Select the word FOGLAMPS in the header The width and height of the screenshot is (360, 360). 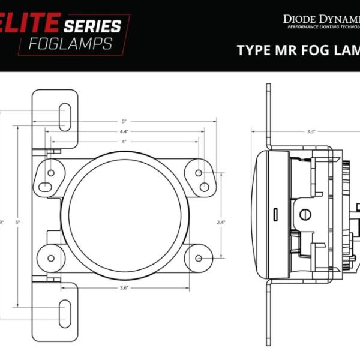tap(71, 44)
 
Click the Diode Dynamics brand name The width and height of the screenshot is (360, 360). tap(321, 19)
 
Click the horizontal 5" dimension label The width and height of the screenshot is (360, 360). tap(124, 120)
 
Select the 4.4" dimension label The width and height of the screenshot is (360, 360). tap(124, 131)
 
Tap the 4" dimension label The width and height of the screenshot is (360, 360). tap(124, 142)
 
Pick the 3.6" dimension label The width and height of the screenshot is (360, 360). tap(124, 288)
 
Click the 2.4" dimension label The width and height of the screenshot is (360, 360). tap(221, 222)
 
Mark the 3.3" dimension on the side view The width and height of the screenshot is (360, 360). tap(311, 131)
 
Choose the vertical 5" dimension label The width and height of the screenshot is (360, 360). tap(18, 222)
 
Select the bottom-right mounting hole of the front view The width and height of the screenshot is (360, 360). tap(199, 259)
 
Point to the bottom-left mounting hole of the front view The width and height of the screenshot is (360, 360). tap(51, 259)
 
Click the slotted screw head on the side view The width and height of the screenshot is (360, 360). tap(305, 214)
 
